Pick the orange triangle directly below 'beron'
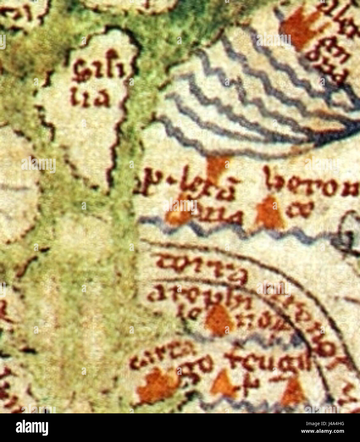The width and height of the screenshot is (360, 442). (x=270, y=214)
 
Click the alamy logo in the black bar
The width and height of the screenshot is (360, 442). (x=32, y=427)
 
